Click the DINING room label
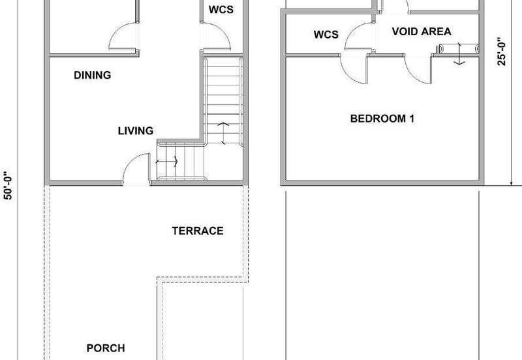pyautogui.click(x=92, y=75)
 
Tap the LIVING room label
pyautogui.click(x=136, y=130)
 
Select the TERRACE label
pyautogui.click(x=198, y=231)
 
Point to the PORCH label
pyautogui.click(x=106, y=348)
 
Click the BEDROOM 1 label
pyautogui.click(x=382, y=119)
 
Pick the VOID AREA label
pyautogui.click(x=422, y=31)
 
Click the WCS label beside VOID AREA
pyautogui.click(x=326, y=35)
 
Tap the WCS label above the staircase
pyautogui.click(x=221, y=10)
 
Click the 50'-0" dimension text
pyautogui.click(x=8, y=186)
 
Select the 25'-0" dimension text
pyautogui.click(x=502, y=52)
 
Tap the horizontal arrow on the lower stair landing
pyautogui.click(x=167, y=162)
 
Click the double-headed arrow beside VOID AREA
pyautogui.click(x=459, y=53)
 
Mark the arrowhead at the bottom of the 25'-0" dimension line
pyautogui.click(x=511, y=183)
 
